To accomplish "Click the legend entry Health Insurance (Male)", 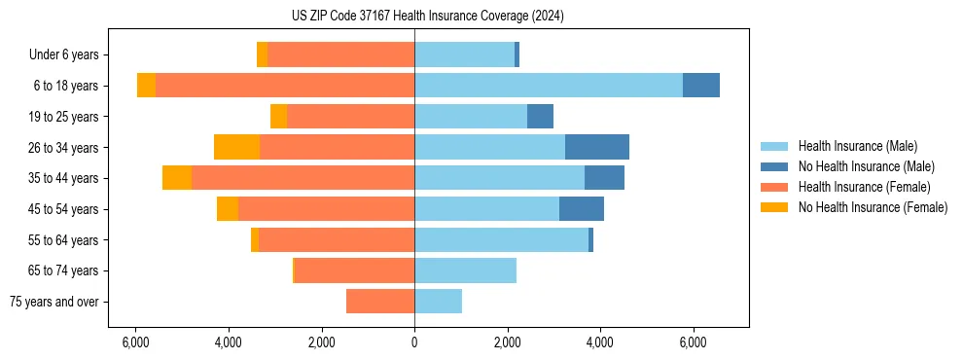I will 857,146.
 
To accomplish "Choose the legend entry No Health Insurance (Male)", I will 866,166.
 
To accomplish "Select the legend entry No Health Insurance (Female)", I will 873,207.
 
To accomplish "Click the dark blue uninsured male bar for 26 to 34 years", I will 597,147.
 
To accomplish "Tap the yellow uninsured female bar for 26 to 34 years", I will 236,147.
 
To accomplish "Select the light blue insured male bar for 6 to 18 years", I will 549,86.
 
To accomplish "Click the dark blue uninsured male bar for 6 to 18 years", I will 701,86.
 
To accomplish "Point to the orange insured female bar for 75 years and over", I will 380,302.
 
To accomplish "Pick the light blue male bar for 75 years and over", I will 438,302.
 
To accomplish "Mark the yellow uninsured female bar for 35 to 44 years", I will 177,178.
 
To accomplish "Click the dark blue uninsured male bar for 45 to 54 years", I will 582,209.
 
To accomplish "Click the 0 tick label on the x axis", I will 414,342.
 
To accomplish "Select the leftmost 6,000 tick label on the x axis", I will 135,342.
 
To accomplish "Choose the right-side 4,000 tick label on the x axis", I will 600,342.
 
